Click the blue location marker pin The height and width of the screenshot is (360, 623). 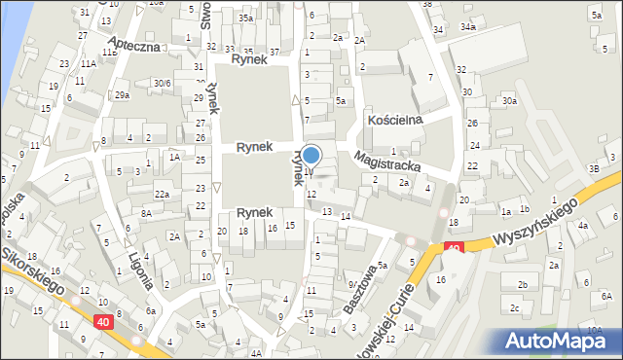coord(311,156)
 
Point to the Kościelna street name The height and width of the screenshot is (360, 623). coord(394,120)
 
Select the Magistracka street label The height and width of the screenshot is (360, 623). coord(388,160)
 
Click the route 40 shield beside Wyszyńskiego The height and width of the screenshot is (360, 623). coord(453,249)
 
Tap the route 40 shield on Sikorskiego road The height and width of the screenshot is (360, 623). coord(103,320)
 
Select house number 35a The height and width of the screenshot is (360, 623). coord(247,18)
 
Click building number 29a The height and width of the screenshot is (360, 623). coord(122,94)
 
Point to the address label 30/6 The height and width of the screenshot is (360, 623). coord(162,84)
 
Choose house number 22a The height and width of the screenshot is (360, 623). coord(163,195)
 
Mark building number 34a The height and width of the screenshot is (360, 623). coord(468,26)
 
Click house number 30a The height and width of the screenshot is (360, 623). coord(508,100)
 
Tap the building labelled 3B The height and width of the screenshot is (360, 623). coord(594,168)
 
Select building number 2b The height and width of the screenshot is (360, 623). coord(522,284)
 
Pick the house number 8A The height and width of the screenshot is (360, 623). coord(145,213)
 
